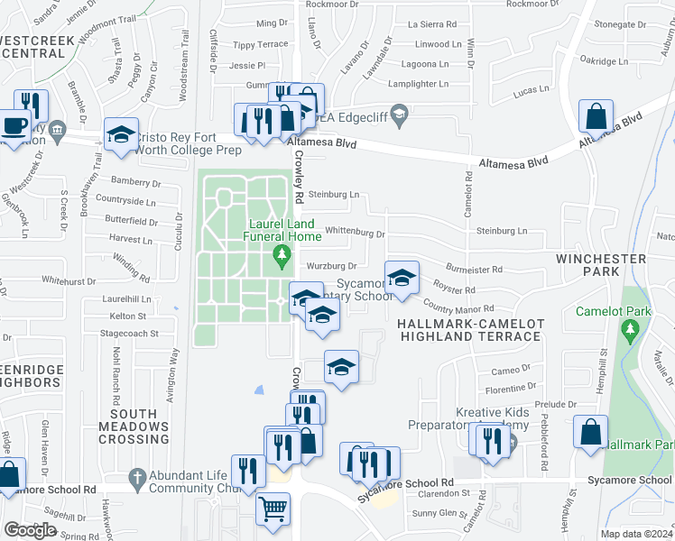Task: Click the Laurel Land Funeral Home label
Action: tap(281, 229)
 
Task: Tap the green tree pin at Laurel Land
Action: tap(282, 257)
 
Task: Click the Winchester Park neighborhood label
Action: tap(600, 265)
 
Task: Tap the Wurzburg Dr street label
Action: tap(332, 266)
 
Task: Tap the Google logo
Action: tap(30, 530)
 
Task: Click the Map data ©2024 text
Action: tap(637, 534)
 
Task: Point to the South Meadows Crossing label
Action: tap(133, 426)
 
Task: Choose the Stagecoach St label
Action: tap(129, 333)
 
